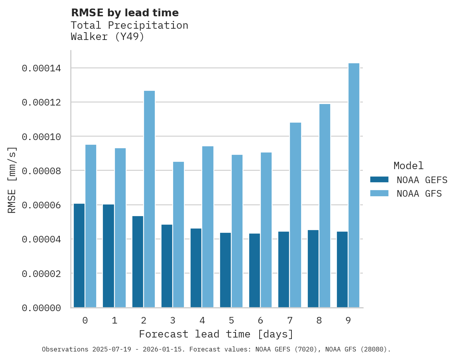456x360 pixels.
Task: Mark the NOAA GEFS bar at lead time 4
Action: [196, 268]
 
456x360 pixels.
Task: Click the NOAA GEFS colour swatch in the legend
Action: [380, 179]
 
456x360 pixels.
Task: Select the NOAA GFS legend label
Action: [419, 193]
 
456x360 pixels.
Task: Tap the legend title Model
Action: [408, 166]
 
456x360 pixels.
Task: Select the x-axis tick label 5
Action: [231, 320]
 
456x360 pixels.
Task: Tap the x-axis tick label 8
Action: [319, 320]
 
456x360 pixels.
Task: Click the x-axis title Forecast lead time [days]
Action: [216, 334]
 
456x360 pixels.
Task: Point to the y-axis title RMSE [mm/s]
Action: [12, 180]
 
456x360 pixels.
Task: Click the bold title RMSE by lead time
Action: [125, 13]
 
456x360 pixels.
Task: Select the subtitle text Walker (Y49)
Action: [107, 37]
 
